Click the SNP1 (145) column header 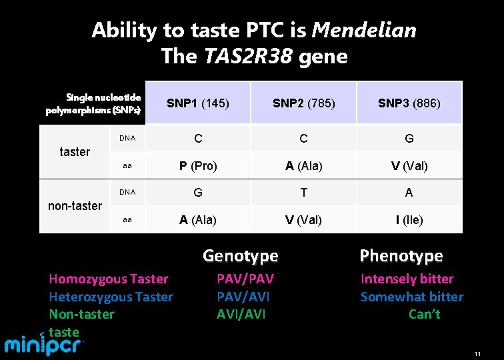coord(198,103)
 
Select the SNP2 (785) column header coord(304,103)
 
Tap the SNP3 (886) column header coord(409,103)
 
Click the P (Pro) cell coord(198,166)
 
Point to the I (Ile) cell coord(409,219)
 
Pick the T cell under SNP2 coord(304,192)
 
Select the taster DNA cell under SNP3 coord(409,139)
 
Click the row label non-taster coord(75,205)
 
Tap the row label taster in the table coord(75,151)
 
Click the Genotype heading coord(240,255)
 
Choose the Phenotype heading coord(401,255)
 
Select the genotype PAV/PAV coord(245,279)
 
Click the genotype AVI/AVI coord(241,314)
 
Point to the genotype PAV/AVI coord(243,297)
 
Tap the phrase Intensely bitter coord(407,279)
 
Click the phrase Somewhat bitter coord(411,297)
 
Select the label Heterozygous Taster coord(111,297)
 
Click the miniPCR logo coord(45,345)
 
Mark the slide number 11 coord(477,354)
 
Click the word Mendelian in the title coord(364,30)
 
